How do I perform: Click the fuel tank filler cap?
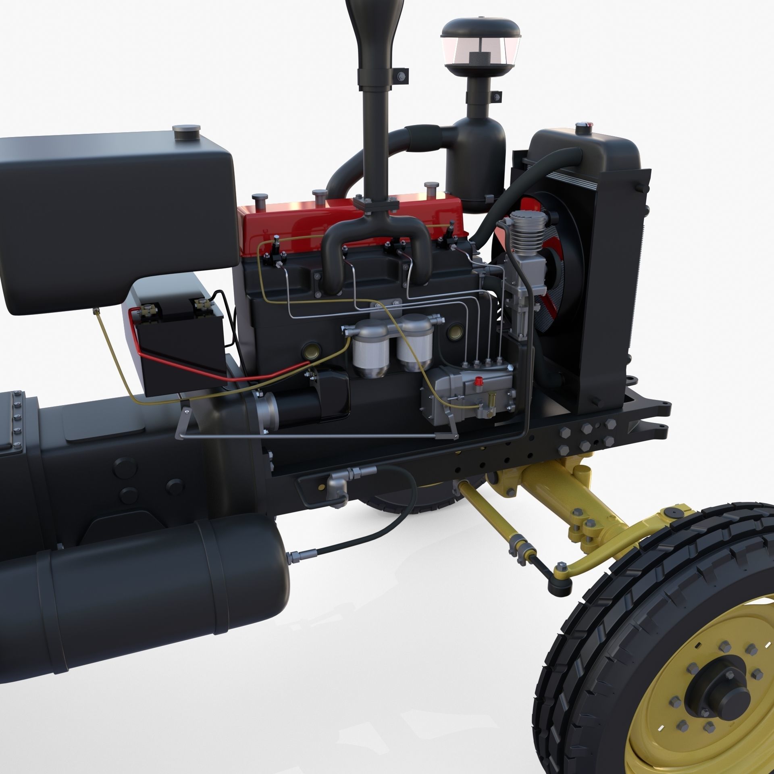click(x=186, y=130)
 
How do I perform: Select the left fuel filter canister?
click(x=370, y=350)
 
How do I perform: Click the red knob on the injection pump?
click(x=479, y=380)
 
